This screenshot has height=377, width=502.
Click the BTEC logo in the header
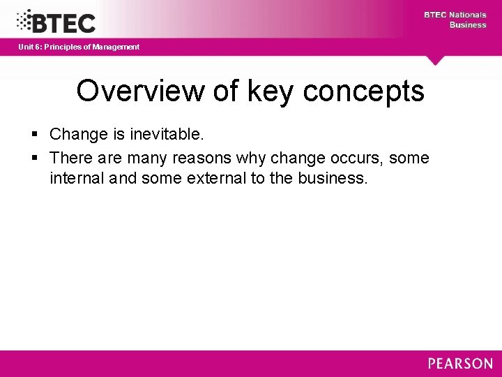[56, 22]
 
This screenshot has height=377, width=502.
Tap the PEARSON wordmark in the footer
[460, 364]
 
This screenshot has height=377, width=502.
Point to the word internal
[76, 178]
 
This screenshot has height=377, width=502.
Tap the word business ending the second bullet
[331, 178]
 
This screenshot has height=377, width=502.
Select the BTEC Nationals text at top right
[455, 15]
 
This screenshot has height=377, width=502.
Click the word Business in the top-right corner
[467, 25]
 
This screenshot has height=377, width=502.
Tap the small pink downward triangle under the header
[436, 61]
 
